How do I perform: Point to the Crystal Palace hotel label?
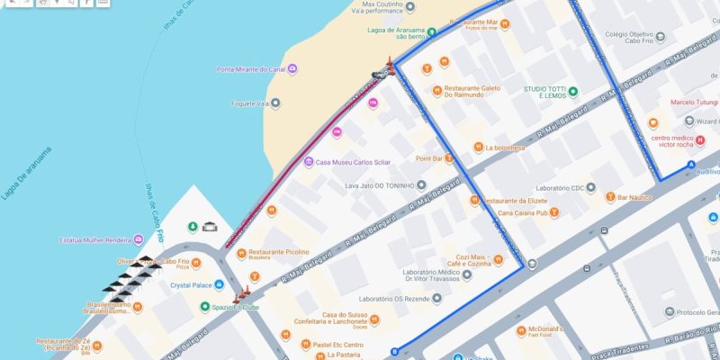(191, 285)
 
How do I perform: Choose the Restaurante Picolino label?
(278, 252)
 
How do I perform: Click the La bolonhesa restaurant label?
(505, 148)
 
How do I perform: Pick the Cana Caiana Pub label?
(523, 212)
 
